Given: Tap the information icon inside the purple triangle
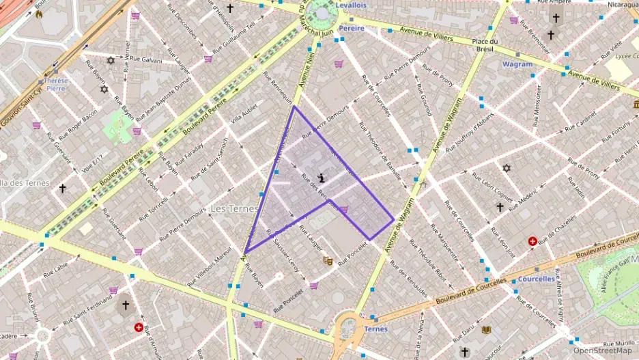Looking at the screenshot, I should pos(322,177).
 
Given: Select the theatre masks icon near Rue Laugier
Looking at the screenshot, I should pos(328,260).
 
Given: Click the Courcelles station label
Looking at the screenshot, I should pos(536,279).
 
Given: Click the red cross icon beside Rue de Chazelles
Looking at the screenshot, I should pos(532,241).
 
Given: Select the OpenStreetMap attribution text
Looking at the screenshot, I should pos(603,350).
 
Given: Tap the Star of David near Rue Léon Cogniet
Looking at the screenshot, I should pos(506,168).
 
